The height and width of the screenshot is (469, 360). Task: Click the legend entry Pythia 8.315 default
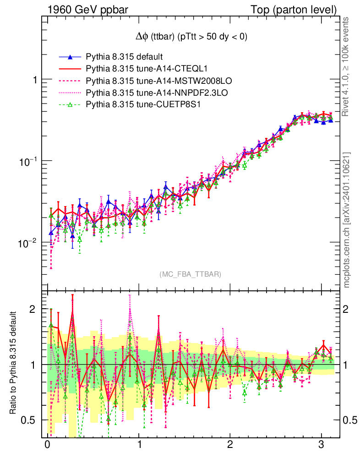(124, 57)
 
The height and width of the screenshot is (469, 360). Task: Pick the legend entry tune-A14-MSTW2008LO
(158, 81)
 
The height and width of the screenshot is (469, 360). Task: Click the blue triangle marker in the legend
(70, 57)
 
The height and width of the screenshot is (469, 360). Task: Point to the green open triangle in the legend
(70, 105)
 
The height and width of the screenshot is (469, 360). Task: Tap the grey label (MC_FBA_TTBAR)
(190, 274)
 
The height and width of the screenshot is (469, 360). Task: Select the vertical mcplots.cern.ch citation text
(348, 220)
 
